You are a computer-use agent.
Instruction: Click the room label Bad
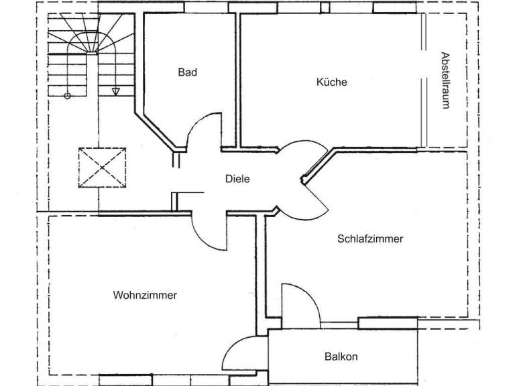point(188,72)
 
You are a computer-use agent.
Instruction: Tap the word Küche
point(332,82)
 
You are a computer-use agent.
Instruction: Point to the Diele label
point(237,179)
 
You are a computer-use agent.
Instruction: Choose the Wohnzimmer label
point(145,295)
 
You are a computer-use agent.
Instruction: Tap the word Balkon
point(341,357)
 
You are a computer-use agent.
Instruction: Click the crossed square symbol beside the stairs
point(103,168)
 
